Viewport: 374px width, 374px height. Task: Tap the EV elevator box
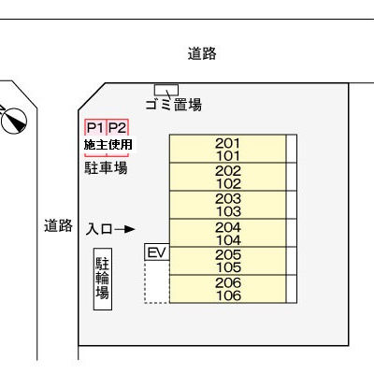tap(157, 252)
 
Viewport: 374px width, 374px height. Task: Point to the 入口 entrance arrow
tap(124, 229)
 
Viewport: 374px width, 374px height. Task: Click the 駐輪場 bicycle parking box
tap(103, 279)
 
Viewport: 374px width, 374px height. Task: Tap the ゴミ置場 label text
tap(174, 105)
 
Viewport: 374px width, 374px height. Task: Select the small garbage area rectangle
tap(166, 90)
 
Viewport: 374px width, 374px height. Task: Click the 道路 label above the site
tap(202, 53)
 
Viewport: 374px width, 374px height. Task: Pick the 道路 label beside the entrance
tap(58, 225)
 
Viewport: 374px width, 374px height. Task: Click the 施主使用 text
tap(108, 145)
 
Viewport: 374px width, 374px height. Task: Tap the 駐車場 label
tap(106, 167)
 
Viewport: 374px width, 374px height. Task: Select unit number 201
tap(228, 143)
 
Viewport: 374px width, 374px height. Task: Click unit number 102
tap(228, 183)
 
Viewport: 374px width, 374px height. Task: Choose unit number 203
tap(228, 198)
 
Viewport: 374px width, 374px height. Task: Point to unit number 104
tap(228, 240)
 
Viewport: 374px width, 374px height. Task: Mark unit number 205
tap(228, 254)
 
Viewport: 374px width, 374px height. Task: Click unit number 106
tap(228, 295)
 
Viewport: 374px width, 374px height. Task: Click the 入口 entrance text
tap(99, 229)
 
